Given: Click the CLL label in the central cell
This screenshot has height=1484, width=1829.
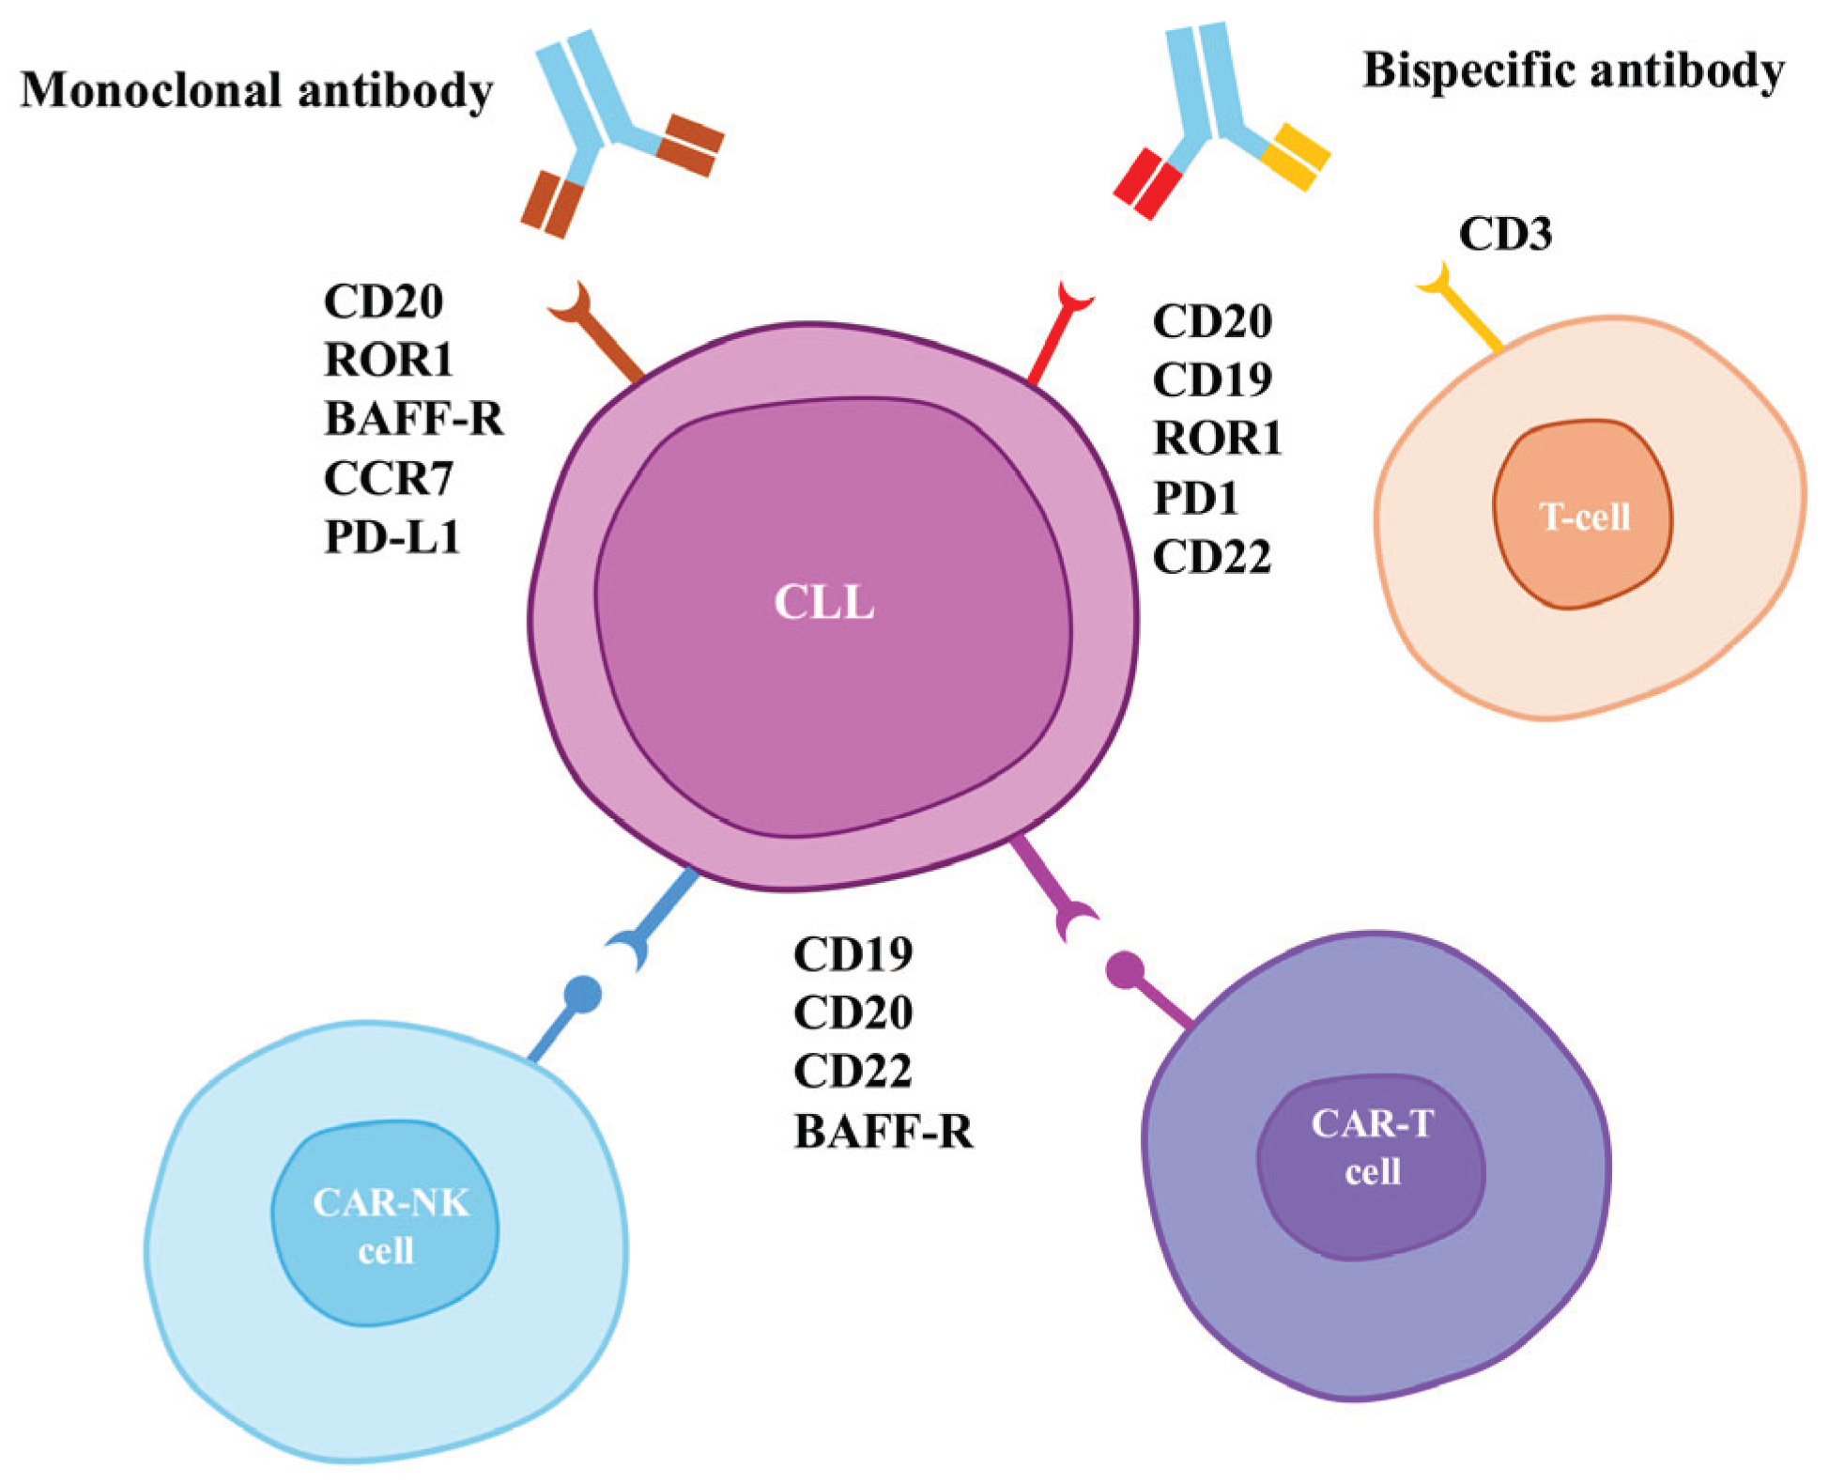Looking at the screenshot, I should click(823, 602).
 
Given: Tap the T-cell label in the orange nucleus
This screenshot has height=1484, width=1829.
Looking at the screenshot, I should click(1584, 517).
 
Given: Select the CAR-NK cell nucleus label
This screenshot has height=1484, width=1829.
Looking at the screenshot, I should click(389, 1226).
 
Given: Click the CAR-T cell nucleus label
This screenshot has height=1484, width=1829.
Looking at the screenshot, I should click(1372, 1147).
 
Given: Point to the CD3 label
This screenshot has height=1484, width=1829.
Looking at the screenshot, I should click(1504, 234).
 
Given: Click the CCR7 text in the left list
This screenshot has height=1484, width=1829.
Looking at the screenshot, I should click(389, 479).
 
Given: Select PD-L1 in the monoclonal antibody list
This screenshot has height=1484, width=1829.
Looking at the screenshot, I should click(392, 537).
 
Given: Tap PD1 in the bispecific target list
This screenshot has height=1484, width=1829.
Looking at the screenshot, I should click(1195, 498).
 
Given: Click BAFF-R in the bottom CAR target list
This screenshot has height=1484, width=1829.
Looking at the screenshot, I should click(883, 1131).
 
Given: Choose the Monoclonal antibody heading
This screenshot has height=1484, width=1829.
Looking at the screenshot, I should click(256, 90).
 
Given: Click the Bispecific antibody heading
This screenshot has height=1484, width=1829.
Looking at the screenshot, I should click(1573, 70).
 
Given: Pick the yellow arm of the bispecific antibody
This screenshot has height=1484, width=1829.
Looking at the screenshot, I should click(1296, 156).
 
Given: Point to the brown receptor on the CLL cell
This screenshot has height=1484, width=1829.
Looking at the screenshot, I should click(601, 337).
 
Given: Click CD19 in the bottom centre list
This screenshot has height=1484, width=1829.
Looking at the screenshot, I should click(853, 954).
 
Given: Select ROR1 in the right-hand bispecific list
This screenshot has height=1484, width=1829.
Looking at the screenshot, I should click(1217, 439).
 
